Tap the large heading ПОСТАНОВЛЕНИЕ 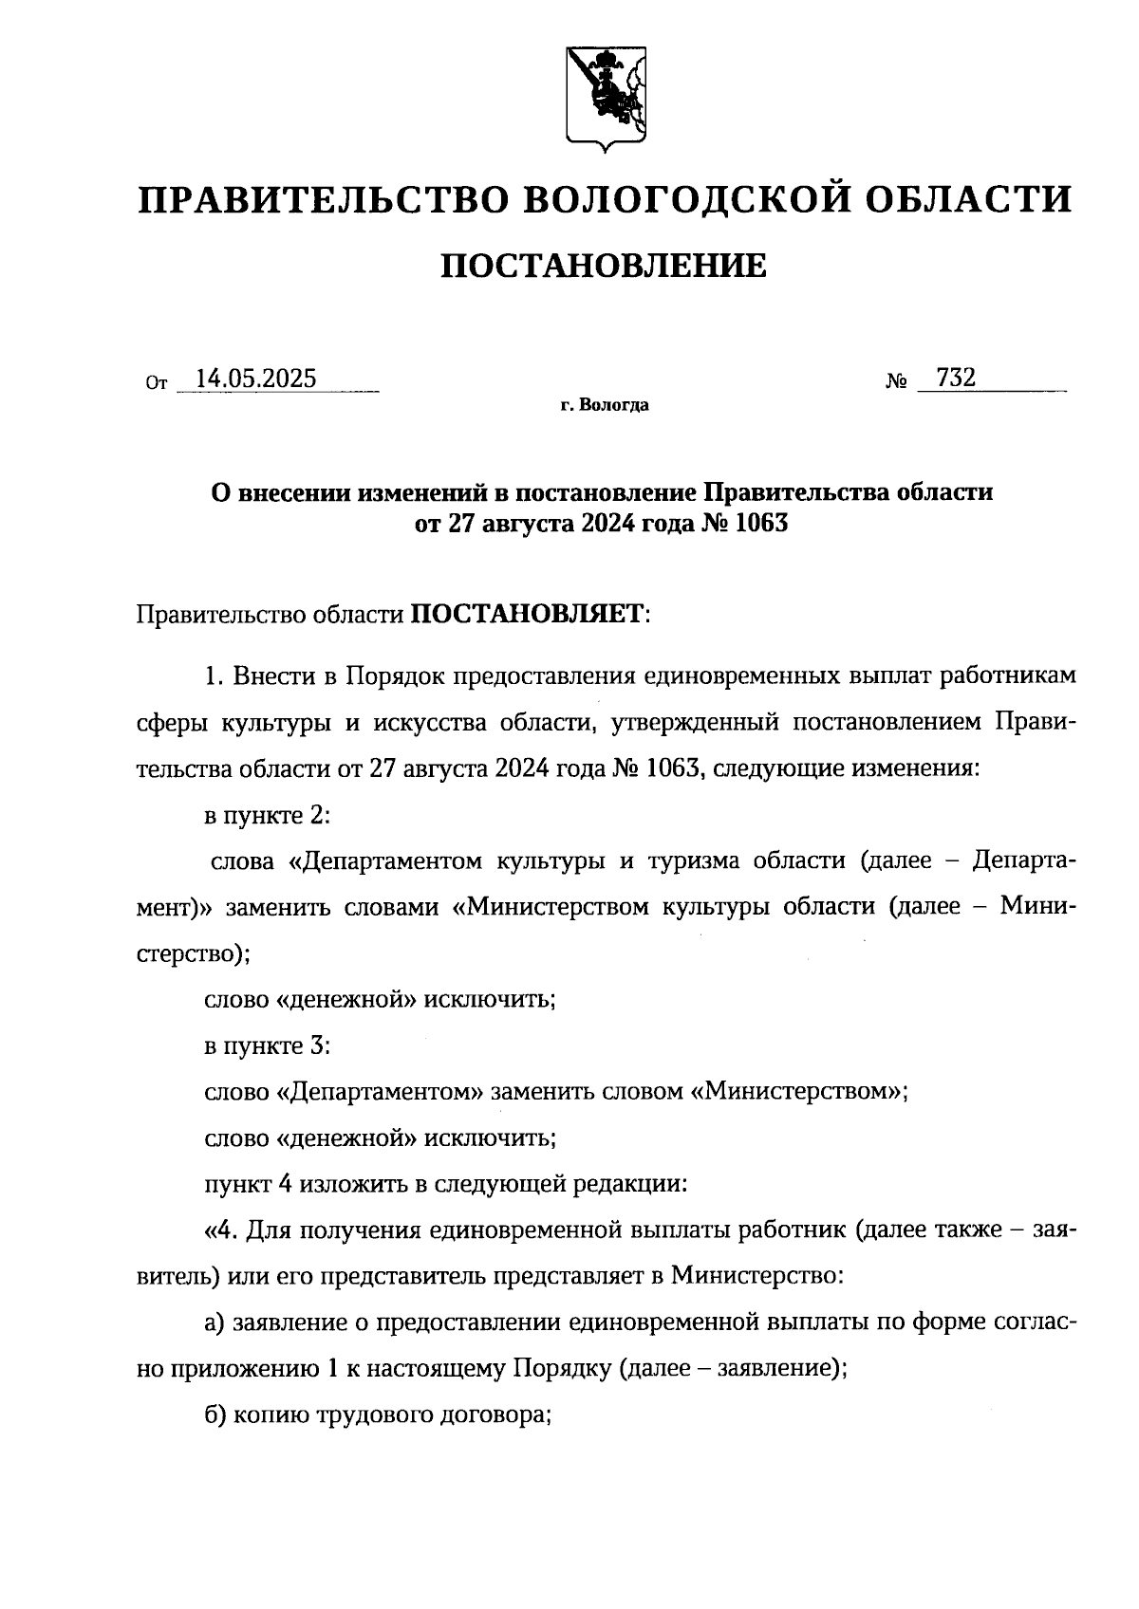point(604,267)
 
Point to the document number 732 point(955,378)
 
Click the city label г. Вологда point(605,406)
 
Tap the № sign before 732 point(896,381)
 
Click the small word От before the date point(157,383)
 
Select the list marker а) point(215,1323)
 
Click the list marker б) point(215,1415)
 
